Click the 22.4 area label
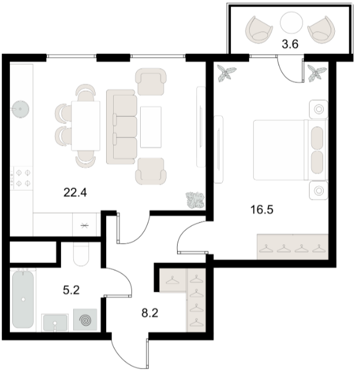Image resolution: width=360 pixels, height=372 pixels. click(x=75, y=192)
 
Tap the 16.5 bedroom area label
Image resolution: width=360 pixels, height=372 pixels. click(x=261, y=209)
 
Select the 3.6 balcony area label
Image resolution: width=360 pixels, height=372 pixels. click(x=290, y=45)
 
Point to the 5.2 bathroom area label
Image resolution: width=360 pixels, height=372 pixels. click(x=71, y=290)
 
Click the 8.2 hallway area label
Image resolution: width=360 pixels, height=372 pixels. click(x=150, y=313)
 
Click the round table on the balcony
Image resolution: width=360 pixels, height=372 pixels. click(x=291, y=23)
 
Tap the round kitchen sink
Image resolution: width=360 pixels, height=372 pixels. click(x=21, y=109)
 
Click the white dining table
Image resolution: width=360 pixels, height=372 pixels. click(x=86, y=126)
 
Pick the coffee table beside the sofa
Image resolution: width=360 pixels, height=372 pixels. click(x=151, y=127)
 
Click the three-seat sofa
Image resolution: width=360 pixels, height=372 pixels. click(x=122, y=127)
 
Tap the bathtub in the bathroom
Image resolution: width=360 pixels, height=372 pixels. click(x=23, y=299)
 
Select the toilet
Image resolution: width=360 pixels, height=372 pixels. click(x=81, y=254)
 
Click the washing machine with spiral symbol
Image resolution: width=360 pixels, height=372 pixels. click(x=85, y=319)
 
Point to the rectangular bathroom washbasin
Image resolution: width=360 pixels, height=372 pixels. click(x=55, y=323)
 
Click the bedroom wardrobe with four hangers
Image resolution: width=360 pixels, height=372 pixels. click(x=293, y=247)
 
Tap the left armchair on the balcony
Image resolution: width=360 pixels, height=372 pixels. click(x=259, y=30)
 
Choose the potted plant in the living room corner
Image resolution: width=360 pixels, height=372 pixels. click(x=195, y=200)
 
